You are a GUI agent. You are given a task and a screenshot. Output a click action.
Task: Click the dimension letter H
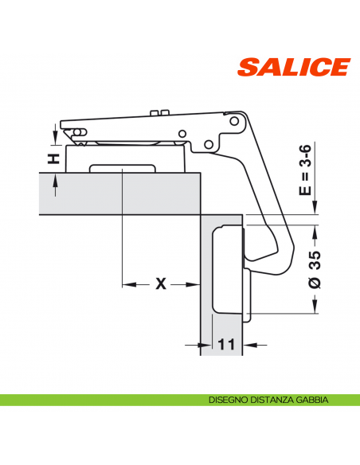pos(53,158)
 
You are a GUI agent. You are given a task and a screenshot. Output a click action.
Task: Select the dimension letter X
pos(160,283)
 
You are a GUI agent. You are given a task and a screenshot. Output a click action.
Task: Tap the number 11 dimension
pos(227,345)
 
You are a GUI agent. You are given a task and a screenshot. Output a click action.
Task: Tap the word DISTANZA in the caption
pos(273,401)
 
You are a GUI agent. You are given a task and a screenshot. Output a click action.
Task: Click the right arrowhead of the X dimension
pos(193,283)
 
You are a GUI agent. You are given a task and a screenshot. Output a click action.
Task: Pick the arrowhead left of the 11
pos(194,345)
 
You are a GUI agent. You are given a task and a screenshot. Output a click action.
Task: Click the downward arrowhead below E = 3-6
pos(315,210)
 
